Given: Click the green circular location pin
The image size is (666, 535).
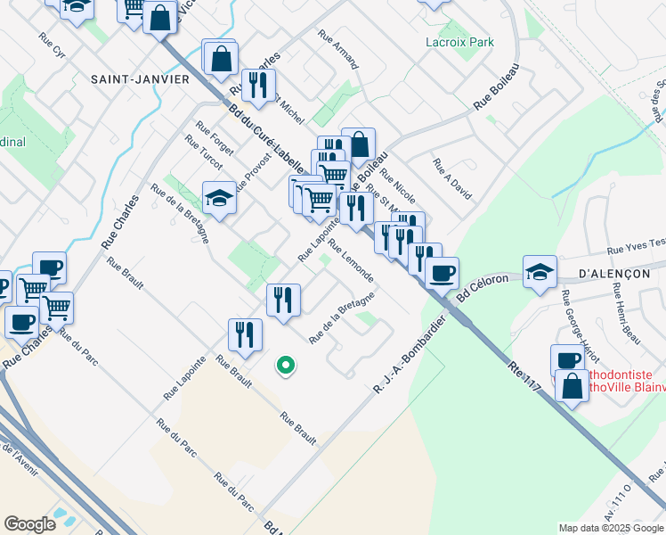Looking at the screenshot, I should (286, 365).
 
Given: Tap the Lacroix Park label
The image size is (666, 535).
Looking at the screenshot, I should (459, 42).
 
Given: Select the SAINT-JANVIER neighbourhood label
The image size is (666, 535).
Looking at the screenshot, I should (140, 78).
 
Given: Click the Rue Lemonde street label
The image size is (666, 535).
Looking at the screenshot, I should (351, 260).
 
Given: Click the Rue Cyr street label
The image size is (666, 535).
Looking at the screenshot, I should (52, 45).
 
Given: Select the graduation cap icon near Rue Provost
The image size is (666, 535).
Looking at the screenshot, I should (219, 198).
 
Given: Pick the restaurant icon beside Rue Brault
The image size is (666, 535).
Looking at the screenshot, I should (245, 335).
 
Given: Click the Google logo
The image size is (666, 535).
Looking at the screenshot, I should (29, 523).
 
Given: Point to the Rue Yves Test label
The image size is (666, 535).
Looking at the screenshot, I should (636, 245).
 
